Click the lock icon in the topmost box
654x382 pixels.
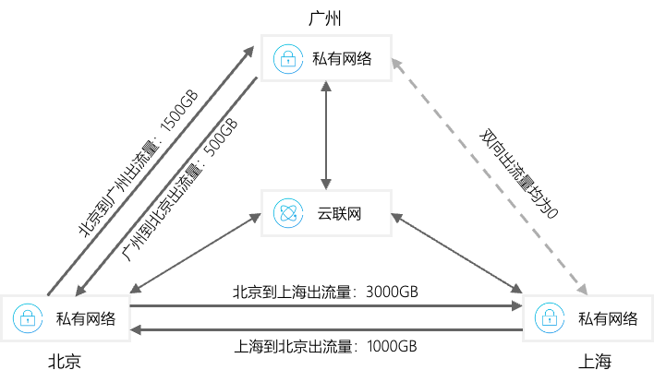point(288,59)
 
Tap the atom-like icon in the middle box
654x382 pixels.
point(288,213)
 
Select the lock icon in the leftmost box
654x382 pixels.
point(28,318)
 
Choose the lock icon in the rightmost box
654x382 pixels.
point(550,318)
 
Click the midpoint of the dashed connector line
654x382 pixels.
point(490,177)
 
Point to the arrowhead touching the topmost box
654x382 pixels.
point(394,63)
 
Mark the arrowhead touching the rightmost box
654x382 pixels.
point(583,291)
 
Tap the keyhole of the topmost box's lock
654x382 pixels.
point(288,63)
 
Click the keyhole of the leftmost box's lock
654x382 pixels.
point(28,322)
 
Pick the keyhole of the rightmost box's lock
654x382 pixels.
point(550,322)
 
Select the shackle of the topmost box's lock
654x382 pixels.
point(288,54)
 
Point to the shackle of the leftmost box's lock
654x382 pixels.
point(28,313)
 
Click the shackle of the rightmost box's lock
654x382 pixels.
point(550,313)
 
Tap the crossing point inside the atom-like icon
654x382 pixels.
point(288,213)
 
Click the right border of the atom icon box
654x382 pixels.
point(391,213)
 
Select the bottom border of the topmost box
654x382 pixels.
point(326,80)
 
